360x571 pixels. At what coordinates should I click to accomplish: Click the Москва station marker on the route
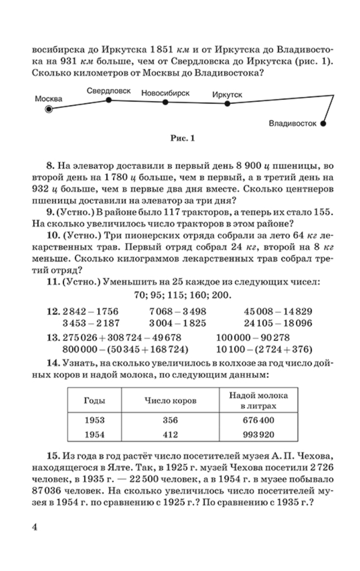pos(49,108)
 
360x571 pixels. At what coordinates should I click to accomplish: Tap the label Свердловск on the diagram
pos(109,91)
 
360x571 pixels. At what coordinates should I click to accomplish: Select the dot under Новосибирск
pos(165,102)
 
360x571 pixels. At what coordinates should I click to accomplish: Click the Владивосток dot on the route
pos(324,124)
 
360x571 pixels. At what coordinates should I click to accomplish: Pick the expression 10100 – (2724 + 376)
pos(264,349)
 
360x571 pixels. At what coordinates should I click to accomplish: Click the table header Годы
pos(95,400)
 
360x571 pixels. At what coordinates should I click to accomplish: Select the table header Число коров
pos(170,400)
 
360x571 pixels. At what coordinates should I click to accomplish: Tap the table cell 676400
pos(258,420)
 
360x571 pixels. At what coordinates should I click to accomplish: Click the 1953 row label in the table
pos(95,420)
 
